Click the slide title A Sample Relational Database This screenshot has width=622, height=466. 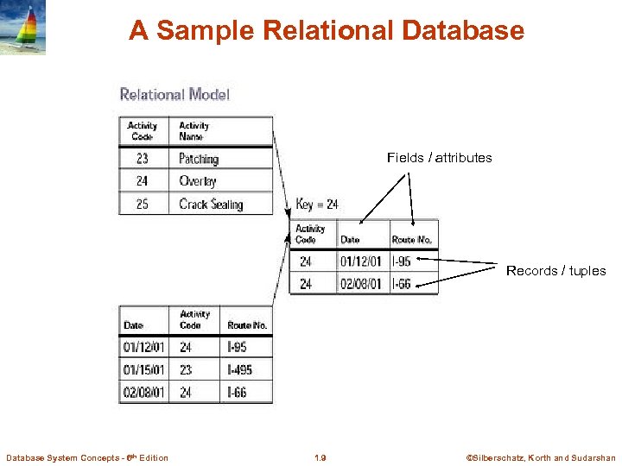click(x=327, y=31)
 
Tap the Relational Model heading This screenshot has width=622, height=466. click(x=175, y=94)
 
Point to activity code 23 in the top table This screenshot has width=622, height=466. click(x=143, y=159)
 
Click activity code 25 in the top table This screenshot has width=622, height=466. click(x=143, y=205)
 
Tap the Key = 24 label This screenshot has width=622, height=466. click(x=317, y=205)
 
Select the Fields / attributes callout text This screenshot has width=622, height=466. click(x=439, y=157)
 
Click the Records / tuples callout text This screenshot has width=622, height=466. click(x=555, y=271)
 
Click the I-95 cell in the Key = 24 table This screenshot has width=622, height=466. click(x=401, y=261)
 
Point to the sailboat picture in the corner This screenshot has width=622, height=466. click(x=22, y=27)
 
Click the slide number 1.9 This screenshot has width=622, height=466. click(x=321, y=457)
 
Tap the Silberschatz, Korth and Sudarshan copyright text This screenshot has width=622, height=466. click(x=541, y=457)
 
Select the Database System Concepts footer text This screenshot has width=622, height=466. click(x=87, y=457)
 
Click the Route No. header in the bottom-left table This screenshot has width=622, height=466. click(x=247, y=325)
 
